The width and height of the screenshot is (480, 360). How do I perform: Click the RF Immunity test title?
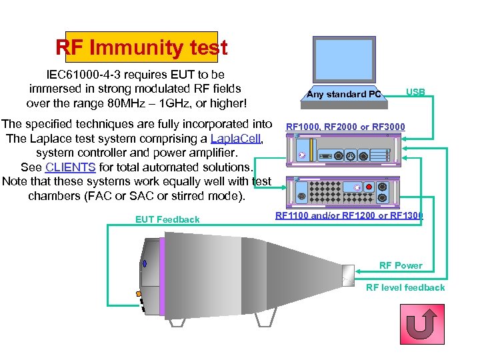(141, 48)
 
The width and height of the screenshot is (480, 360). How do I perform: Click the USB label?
(415, 92)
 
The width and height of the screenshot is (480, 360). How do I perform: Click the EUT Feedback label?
(167, 219)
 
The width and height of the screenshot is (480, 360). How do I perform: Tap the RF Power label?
(401, 265)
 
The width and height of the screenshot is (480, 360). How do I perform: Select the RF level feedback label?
(405, 287)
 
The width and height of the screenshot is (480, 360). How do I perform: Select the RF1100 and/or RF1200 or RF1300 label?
(349, 215)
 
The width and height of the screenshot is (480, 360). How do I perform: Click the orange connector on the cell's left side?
(138, 294)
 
